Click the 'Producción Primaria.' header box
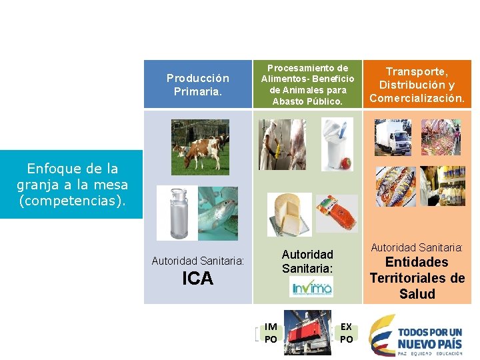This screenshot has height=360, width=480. coord(197,85)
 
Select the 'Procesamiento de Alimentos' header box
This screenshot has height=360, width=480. coord(307,85)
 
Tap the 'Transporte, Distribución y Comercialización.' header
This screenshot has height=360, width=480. coord(417,85)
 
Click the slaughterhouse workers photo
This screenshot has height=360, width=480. coord(283,144)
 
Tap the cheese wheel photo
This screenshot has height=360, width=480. coord(289,213)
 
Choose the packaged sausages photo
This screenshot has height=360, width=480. coord(336,213)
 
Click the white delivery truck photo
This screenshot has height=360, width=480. coord(393,137)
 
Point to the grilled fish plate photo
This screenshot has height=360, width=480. coord(395,186)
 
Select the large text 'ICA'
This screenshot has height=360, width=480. coord(198,279)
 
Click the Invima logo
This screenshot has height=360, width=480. coord(311,288)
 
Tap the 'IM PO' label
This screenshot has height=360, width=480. coord(271,333)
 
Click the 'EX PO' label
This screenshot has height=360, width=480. coord(347,333)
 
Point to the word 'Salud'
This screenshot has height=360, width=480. coord(417,294)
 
